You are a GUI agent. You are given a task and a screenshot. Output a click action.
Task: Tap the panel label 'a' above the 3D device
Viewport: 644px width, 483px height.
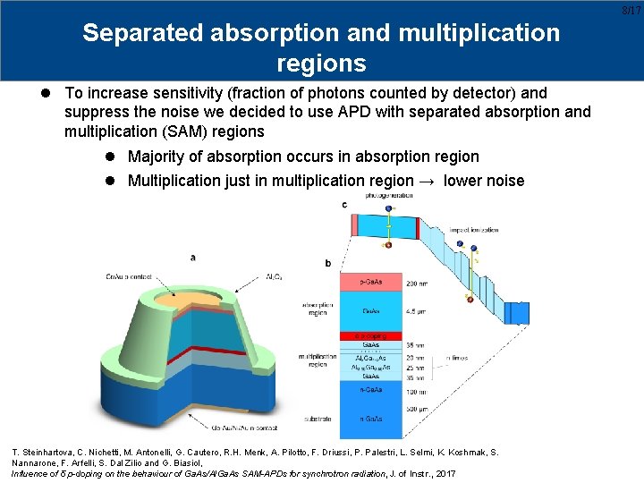193,258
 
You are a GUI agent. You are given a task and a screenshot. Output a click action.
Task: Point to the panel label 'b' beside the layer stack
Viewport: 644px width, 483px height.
328,263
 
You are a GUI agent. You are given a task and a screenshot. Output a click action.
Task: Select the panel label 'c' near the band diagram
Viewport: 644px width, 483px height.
344,206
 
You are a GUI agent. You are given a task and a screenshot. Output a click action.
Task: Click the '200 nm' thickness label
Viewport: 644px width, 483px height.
417,283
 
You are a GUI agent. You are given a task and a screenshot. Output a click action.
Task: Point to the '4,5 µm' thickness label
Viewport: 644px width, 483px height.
417,311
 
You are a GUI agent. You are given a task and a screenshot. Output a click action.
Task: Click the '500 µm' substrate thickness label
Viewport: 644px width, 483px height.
417,408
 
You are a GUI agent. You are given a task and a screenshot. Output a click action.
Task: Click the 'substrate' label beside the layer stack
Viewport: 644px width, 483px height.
319,418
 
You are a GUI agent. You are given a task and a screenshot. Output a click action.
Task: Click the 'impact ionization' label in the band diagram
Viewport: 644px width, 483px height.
473,230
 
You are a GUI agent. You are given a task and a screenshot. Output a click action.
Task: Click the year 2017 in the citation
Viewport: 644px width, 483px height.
444,472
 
